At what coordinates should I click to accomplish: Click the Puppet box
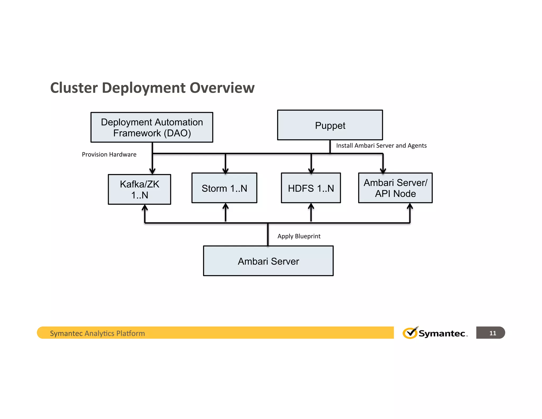coord(330,125)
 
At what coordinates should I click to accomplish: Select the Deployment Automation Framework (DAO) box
coord(152,127)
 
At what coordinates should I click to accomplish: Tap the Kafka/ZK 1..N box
coord(139,189)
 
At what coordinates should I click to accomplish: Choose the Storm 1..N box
coord(224,188)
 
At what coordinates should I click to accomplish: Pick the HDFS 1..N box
coord(311,188)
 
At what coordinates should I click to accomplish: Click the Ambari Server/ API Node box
coord(395,188)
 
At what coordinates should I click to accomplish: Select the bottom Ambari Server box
coord(268,261)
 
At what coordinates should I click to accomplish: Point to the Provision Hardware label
coord(109,154)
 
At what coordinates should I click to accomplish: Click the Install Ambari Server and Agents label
coord(381,145)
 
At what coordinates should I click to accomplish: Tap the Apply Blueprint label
coord(299,236)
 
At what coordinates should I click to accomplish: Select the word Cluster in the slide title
coord(74,88)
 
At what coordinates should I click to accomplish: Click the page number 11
coord(493,333)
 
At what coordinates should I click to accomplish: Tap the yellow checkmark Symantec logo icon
coord(410,333)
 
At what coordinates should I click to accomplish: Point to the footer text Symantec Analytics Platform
coord(97,333)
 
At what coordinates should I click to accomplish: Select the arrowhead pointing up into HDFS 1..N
coord(311,206)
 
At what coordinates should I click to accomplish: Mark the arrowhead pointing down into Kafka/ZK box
coord(152,172)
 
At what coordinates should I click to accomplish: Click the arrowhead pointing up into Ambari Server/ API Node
coord(410,206)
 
